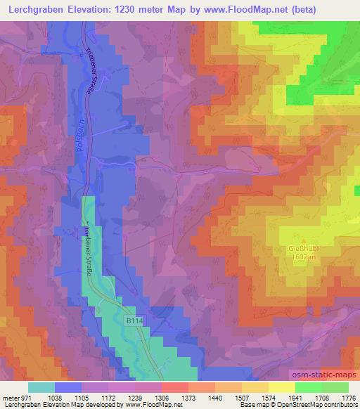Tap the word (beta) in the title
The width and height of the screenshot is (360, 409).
point(300,10)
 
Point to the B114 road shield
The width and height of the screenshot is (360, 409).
point(135,320)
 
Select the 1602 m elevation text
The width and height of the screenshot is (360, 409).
point(300,258)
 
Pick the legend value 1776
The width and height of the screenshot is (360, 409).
point(347,397)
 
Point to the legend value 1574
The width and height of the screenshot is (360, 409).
point(268,397)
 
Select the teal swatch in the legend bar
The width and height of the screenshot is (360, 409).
point(41,387)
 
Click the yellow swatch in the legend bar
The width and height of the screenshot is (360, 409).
point(281,387)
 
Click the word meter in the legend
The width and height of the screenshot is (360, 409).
point(11,397)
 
